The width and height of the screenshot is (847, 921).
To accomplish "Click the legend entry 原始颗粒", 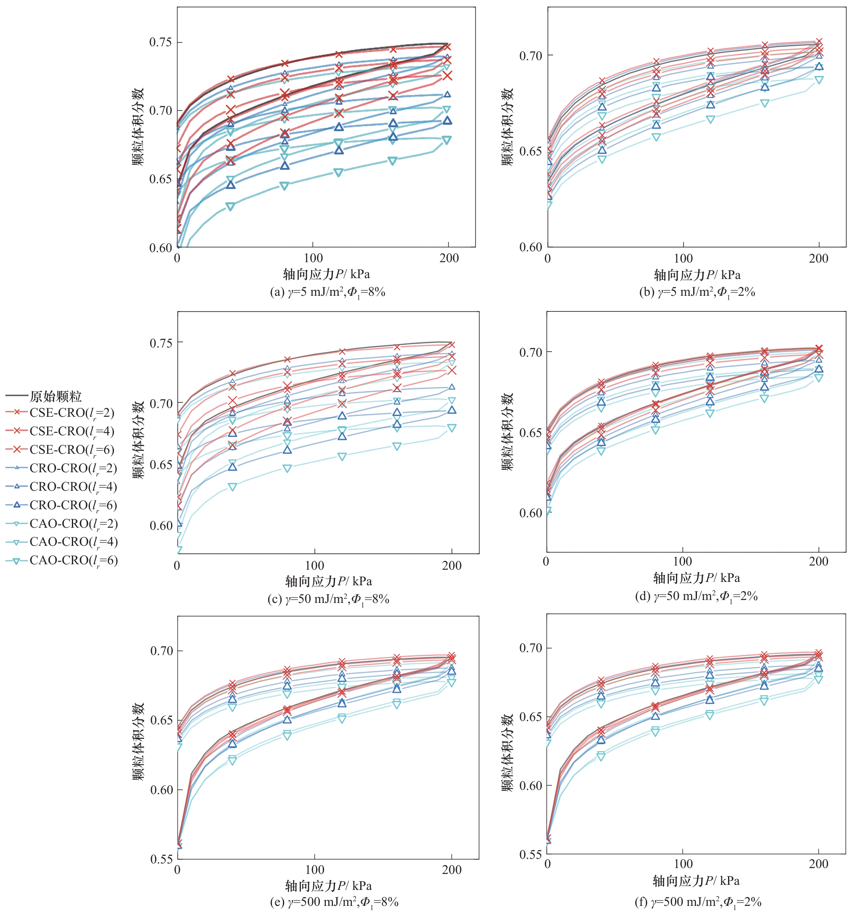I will (x=55, y=396).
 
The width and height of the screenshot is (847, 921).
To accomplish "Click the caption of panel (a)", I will (x=327, y=292).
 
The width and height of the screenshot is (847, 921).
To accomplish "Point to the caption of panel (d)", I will (x=696, y=596).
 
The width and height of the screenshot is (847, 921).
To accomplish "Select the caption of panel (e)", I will (x=334, y=902).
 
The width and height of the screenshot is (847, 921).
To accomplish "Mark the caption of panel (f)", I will (x=698, y=902).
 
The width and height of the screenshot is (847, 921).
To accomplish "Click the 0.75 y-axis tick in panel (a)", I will (x=161, y=42).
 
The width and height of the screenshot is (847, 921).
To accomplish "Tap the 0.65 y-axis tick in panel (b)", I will (x=530, y=151).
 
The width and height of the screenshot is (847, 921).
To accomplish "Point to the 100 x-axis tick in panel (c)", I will (x=314, y=566).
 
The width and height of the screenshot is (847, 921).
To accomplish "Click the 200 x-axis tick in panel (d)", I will (x=818, y=562).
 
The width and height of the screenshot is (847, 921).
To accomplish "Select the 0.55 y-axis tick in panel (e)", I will (x=161, y=860).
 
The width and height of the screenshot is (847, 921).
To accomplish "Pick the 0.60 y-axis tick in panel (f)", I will (x=530, y=786).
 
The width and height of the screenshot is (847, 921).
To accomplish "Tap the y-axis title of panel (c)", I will (x=138, y=440).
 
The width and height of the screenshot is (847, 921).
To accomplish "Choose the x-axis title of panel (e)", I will (x=328, y=886).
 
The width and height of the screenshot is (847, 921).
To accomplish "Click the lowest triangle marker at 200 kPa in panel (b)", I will (x=819, y=80).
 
